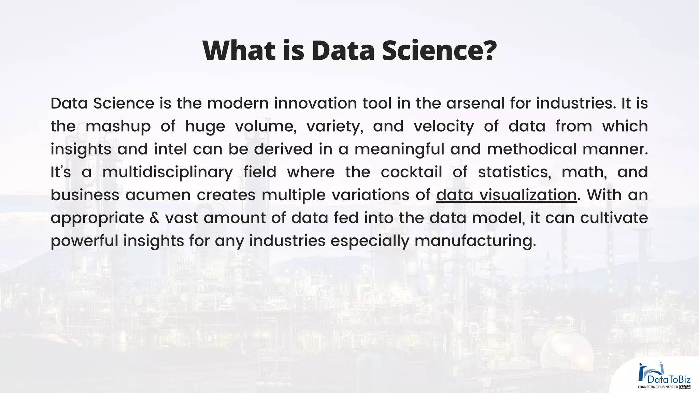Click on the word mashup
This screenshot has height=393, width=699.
[x=118, y=126]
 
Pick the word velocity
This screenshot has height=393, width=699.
[x=444, y=126]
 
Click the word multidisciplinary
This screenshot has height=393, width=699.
[x=168, y=172]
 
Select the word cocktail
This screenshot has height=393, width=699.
[x=411, y=172]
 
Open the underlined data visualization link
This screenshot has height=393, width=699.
[x=507, y=195]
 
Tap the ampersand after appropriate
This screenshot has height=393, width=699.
[x=155, y=218]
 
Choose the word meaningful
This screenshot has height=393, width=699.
[x=399, y=149]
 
